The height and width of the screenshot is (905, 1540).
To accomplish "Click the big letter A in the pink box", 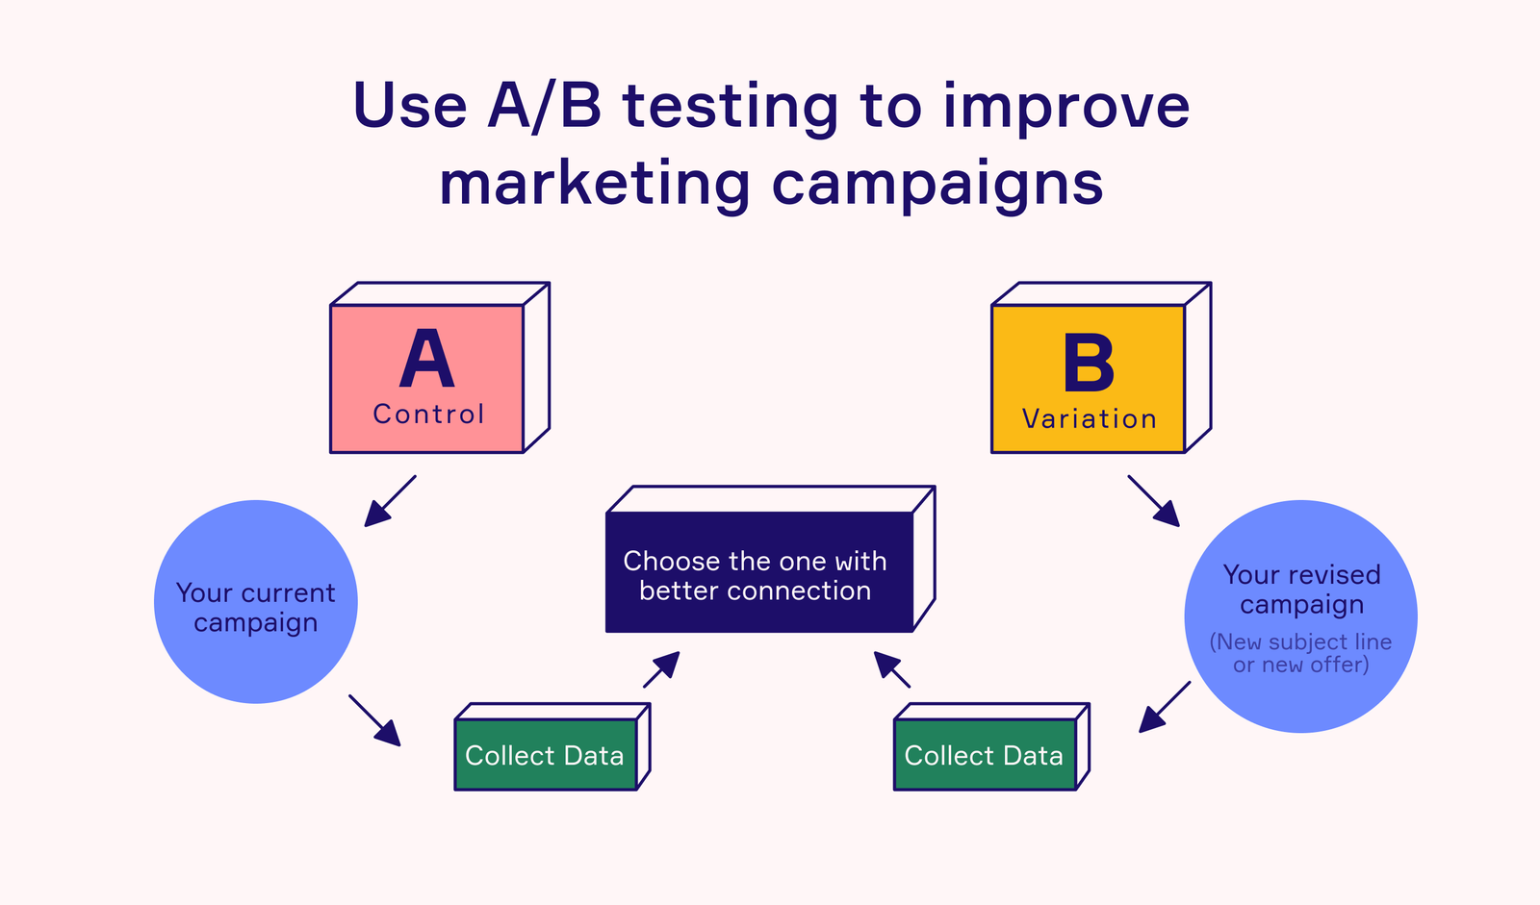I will pyautogui.click(x=426, y=359).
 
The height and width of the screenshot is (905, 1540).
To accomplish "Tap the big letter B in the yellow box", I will pyautogui.click(x=1089, y=364).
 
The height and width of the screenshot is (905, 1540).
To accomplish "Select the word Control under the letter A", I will pyautogui.click(x=428, y=415).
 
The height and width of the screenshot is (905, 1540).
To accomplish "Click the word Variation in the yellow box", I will pyautogui.click(x=1089, y=419).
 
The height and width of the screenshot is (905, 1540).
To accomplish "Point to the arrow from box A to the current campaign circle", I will pyautogui.click(x=390, y=501).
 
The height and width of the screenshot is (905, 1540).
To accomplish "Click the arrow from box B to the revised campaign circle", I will pyautogui.click(x=1153, y=500).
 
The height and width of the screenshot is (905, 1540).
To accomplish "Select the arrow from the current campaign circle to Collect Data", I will pyautogui.click(x=374, y=719).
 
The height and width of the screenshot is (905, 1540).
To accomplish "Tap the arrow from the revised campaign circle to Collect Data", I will pyautogui.click(x=1165, y=707).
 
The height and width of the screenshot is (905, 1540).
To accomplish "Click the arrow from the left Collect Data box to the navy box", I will pyautogui.click(x=661, y=669).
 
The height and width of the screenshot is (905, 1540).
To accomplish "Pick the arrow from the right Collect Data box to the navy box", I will pyautogui.click(x=892, y=669).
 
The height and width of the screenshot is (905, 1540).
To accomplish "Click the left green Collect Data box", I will pyautogui.click(x=545, y=755).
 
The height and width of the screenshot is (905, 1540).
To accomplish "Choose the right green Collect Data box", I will pyautogui.click(x=984, y=755).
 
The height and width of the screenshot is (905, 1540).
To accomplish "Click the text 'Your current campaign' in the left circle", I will pyautogui.click(x=255, y=607).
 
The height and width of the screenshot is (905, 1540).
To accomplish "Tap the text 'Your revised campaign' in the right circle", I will pyautogui.click(x=1301, y=589).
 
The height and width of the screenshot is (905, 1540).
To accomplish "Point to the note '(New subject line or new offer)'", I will pyautogui.click(x=1300, y=653).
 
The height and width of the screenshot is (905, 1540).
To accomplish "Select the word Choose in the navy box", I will pyautogui.click(x=671, y=561).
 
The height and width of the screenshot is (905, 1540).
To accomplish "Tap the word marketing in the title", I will pyautogui.click(x=594, y=183).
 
